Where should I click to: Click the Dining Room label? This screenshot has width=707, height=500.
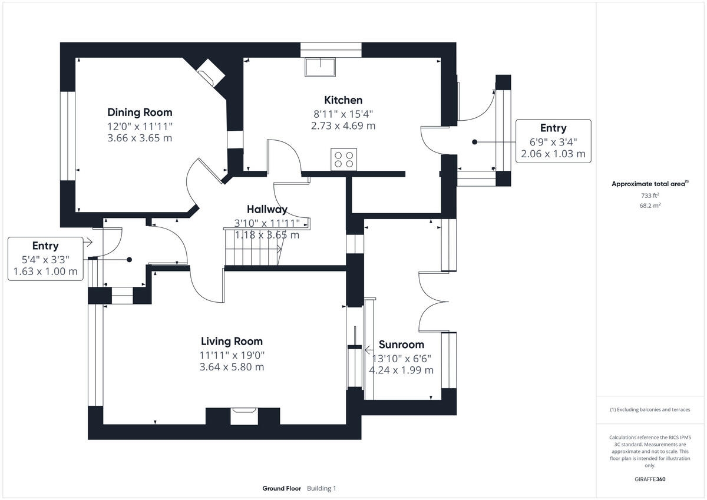coord(140,112)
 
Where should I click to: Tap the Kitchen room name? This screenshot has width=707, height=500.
coord(343,100)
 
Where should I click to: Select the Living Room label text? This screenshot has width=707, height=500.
coord(232,341)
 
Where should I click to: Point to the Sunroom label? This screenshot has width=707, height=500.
coord(401,345)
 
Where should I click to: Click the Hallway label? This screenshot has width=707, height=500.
coord(267,209)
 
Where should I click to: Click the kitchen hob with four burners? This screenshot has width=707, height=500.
coord(343,159)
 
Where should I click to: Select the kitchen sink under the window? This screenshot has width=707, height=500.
coord(319,67)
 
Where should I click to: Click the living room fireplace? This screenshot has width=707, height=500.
coord(243,416)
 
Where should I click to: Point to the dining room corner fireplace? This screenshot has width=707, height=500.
coord(210,73)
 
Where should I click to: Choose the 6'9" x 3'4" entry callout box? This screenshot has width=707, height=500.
coord(553,141)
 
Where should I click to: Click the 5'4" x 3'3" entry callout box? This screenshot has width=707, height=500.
coord(45,259)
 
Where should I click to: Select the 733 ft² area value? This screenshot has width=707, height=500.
coord(650,196)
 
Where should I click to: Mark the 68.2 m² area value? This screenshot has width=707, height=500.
coord(650,206)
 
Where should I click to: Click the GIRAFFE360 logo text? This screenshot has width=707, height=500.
coord(650,479)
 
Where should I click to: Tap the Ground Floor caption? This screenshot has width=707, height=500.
coord(282,488)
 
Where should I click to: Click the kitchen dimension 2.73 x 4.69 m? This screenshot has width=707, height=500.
coord(343,125)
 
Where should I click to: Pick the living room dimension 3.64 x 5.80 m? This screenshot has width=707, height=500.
coord(232,367)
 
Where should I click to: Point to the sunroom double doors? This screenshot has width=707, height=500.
coord(435,300)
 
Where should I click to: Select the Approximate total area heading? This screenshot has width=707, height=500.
coord(650,184)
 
